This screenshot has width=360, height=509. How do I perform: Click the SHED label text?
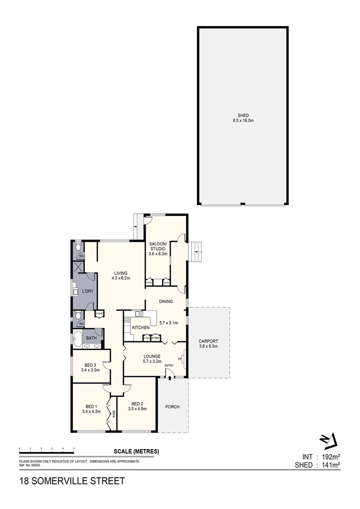(243, 115)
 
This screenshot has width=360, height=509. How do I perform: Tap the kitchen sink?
(139, 313)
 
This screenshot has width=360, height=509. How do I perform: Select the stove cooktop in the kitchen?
(127, 320)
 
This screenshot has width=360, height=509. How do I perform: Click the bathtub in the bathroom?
(77, 337)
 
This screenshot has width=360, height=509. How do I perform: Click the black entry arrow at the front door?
(170, 378)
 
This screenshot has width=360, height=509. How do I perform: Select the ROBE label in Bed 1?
(114, 415)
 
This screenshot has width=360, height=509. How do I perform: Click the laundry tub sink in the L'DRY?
(75, 292)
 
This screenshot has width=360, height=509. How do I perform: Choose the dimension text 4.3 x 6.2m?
(121, 278)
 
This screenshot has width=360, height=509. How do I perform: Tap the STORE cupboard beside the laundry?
(99, 313)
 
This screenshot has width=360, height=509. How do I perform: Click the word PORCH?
(172, 407)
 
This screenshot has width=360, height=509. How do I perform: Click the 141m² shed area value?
(330, 465)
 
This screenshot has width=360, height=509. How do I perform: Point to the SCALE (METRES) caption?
(136, 452)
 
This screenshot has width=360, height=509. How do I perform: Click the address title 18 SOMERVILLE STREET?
(72, 481)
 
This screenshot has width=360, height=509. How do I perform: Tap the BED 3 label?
(90, 365)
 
